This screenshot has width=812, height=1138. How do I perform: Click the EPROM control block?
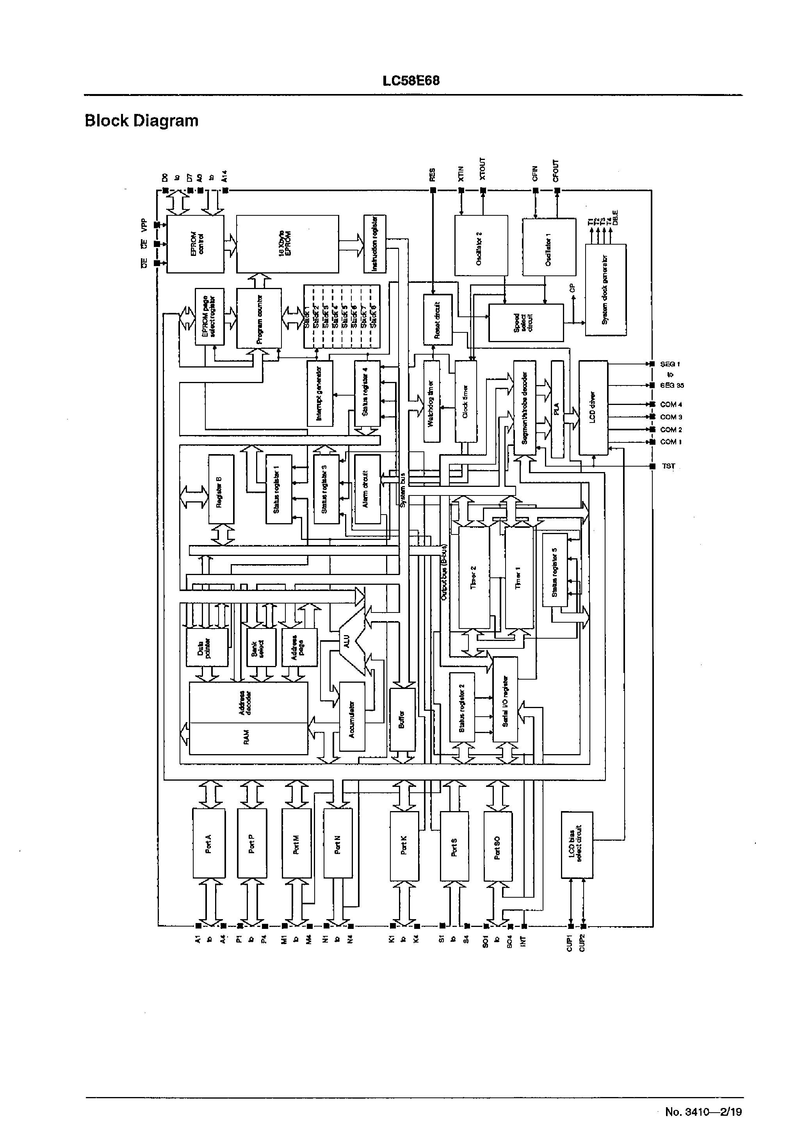click(x=195, y=244)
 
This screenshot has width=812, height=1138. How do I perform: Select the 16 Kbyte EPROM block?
click(x=287, y=244)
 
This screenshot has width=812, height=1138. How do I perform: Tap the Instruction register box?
click(x=375, y=244)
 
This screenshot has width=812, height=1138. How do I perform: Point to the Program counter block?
click(x=259, y=318)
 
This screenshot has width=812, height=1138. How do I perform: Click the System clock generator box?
click(x=605, y=290)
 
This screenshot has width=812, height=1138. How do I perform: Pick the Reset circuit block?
click(x=438, y=320)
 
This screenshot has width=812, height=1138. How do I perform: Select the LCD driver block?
click(x=593, y=408)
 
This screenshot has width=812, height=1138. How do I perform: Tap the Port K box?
click(x=403, y=844)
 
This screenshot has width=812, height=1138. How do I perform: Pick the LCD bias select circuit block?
click(x=577, y=845)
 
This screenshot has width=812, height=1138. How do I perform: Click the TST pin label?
click(x=668, y=466)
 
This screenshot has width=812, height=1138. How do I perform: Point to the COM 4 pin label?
click(x=671, y=404)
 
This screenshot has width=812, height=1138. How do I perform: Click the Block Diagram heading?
click(x=141, y=121)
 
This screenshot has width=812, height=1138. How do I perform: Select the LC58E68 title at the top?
click(x=411, y=81)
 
